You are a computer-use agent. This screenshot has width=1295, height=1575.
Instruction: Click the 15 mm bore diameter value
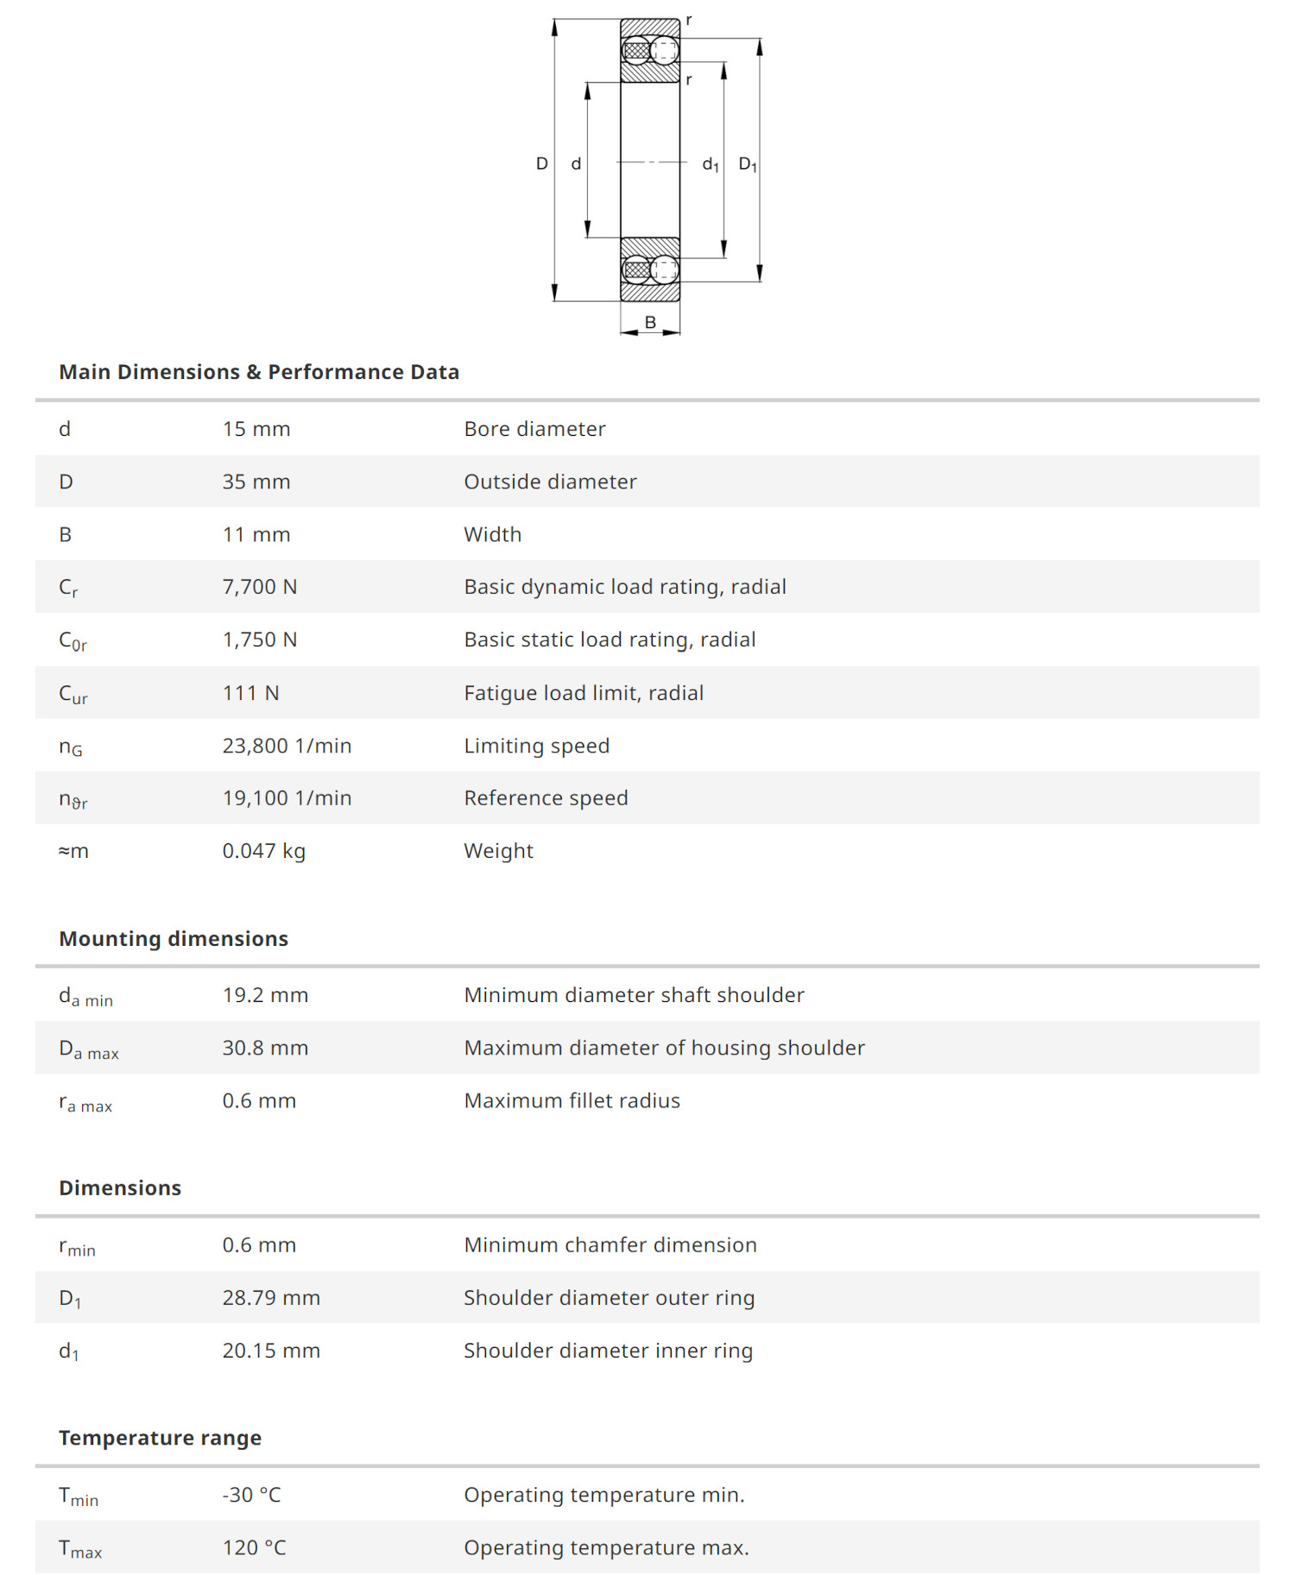click(x=256, y=429)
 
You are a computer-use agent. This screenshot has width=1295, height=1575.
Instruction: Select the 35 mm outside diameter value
click(x=256, y=482)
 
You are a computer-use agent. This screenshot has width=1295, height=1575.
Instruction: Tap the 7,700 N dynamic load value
click(x=259, y=587)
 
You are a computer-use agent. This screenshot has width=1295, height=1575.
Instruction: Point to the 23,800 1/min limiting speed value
click(x=287, y=746)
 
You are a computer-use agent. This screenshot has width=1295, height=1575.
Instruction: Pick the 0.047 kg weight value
click(x=263, y=851)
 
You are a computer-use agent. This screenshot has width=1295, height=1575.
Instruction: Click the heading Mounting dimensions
click(x=174, y=939)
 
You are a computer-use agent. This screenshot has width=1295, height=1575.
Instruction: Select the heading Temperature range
click(x=160, y=1438)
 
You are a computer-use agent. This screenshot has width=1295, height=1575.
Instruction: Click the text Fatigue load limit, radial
click(x=584, y=693)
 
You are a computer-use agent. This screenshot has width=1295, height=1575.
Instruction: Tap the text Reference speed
click(x=546, y=798)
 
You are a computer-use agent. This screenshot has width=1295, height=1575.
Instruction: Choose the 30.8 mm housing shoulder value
click(x=265, y=1048)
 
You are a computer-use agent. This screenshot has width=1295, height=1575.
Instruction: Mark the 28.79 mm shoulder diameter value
click(x=271, y=1298)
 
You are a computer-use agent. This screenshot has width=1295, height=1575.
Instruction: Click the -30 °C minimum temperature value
click(x=251, y=1495)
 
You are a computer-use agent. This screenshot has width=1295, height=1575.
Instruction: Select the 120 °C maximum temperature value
click(x=254, y=1547)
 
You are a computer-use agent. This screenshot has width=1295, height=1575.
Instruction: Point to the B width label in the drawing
click(x=650, y=322)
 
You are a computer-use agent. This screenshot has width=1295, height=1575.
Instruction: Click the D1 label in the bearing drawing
click(x=748, y=164)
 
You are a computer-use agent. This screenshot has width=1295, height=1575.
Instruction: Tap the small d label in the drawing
click(x=576, y=164)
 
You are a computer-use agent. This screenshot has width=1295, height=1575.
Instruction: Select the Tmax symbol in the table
click(x=80, y=1549)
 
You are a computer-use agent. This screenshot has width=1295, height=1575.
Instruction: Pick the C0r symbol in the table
click(x=73, y=641)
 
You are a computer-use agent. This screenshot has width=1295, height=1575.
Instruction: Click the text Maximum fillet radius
click(x=572, y=1100)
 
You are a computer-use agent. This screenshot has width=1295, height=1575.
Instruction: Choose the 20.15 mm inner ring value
click(x=271, y=1351)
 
